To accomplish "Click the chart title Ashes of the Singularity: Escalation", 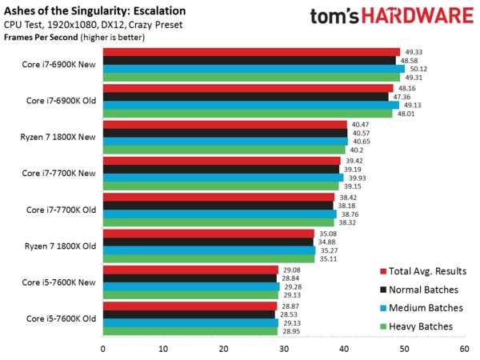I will (94, 11).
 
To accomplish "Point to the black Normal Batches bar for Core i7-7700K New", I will (221, 169).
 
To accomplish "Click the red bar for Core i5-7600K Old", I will (190, 306).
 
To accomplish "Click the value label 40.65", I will (360, 141).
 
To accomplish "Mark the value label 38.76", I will (349, 214).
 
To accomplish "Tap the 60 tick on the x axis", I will (464, 349).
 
